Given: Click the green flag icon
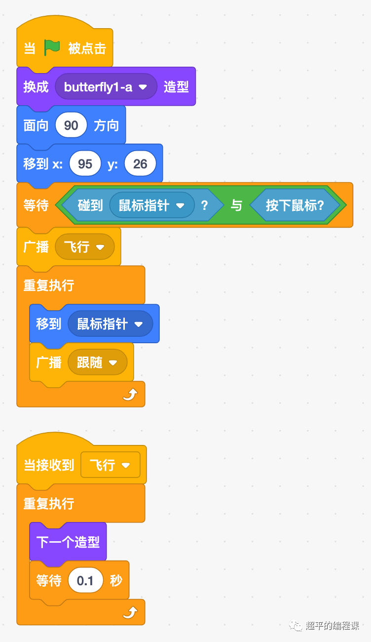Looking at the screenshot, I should click(x=52, y=47).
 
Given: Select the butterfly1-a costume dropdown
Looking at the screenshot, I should click(x=106, y=87).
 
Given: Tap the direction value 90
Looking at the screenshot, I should click(x=71, y=125).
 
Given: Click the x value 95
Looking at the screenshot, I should click(x=85, y=164).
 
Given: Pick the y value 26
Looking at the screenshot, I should click(x=140, y=164).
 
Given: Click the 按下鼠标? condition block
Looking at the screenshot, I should click(x=295, y=205).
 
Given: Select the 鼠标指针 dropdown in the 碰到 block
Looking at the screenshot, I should click(x=151, y=205).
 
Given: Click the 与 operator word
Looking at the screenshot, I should click(x=237, y=205).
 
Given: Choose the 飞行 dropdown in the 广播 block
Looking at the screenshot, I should click(x=84, y=247).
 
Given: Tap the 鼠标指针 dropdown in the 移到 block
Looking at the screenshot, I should click(x=110, y=324).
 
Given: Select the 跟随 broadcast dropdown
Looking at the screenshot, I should click(x=97, y=363).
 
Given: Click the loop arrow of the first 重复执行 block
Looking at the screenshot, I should click(x=130, y=395).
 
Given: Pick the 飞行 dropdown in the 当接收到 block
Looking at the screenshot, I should click(x=110, y=465).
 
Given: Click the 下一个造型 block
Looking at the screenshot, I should click(x=68, y=542).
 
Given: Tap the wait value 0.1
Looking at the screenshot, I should click(x=85, y=581).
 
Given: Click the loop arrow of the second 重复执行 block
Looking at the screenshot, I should click(x=130, y=613).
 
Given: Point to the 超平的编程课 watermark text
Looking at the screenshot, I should click(x=332, y=626).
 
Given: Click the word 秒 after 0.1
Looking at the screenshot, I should click(x=116, y=581).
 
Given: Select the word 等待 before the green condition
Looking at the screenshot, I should click(x=36, y=205).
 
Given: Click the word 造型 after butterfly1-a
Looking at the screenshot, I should click(x=176, y=87).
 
